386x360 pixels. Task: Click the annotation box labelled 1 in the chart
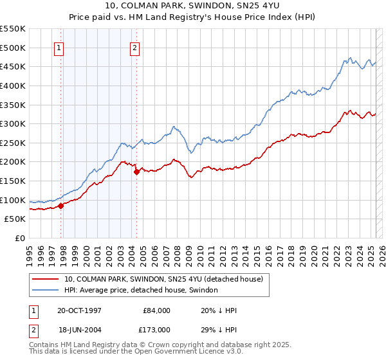click(x=59, y=47)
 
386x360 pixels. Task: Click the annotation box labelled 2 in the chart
click(x=135, y=47)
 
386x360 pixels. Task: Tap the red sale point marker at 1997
click(x=61, y=206)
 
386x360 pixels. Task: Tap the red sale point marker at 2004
click(x=136, y=172)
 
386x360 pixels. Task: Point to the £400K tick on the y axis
click(x=14, y=85)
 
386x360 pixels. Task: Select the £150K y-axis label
click(x=14, y=181)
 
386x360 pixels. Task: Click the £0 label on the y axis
click(x=19, y=238)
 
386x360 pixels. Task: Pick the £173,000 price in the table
click(x=156, y=329)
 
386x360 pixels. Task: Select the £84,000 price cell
click(x=156, y=310)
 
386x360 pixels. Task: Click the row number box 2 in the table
click(x=32, y=329)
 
